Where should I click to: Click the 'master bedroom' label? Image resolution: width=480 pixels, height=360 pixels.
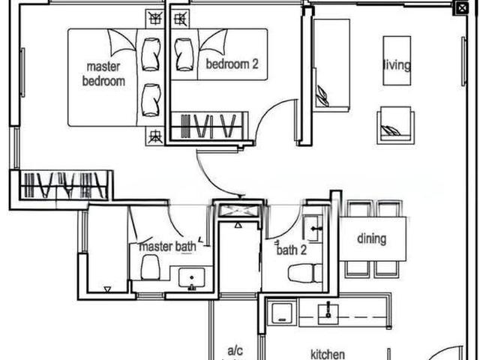(103, 73)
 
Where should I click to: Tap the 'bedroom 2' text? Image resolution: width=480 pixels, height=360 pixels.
(232, 64)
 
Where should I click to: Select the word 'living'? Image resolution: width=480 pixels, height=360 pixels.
(397, 65)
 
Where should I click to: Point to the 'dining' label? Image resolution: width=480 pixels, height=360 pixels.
(371, 239)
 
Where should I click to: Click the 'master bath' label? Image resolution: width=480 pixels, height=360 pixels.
(167, 246)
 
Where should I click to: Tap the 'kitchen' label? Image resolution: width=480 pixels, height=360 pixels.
(328, 354)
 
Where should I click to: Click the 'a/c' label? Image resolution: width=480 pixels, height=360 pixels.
(234, 350)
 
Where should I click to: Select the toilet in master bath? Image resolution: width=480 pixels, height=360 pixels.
(150, 267)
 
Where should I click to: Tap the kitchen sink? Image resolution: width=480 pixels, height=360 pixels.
(328, 313)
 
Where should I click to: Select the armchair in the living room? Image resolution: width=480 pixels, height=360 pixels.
(395, 124)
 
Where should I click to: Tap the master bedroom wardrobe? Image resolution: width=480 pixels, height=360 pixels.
(63, 184)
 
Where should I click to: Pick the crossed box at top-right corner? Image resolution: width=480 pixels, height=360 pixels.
(460, 8)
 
